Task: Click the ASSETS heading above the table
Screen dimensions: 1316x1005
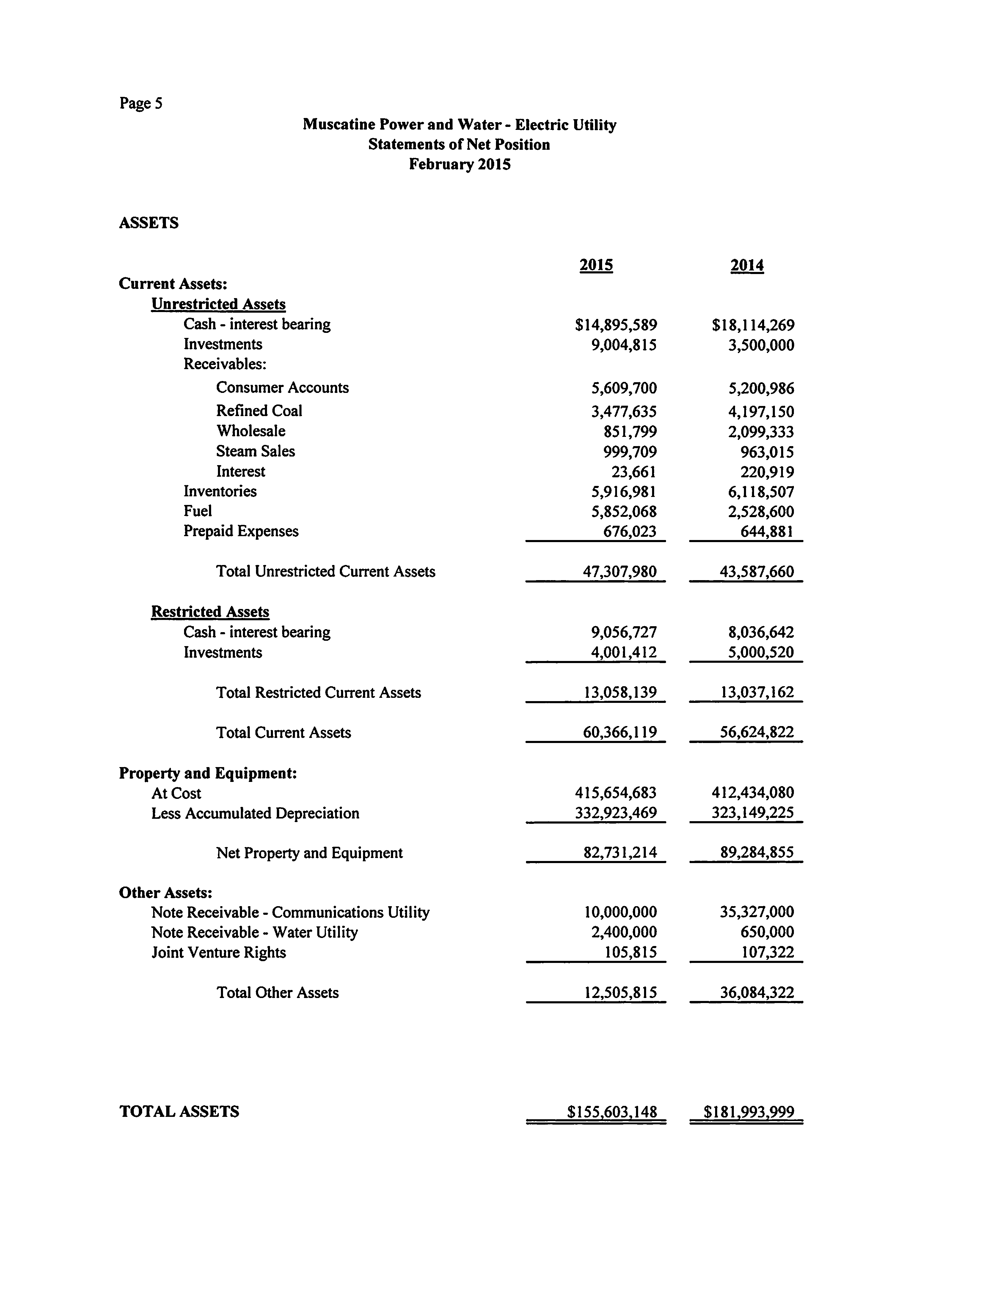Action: (x=148, y=223)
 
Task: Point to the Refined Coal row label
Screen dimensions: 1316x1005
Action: (x=259, y=411)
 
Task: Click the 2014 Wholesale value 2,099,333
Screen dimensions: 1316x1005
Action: (x=761, y=432)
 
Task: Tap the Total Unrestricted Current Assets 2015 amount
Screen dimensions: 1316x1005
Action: (x=620, y=572)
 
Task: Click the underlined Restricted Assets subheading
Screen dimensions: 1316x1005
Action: (x=210, y=612)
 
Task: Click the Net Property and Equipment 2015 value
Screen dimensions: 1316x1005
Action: (x=620, y=853)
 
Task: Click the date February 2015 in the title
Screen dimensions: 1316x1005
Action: (x=459, y=164)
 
